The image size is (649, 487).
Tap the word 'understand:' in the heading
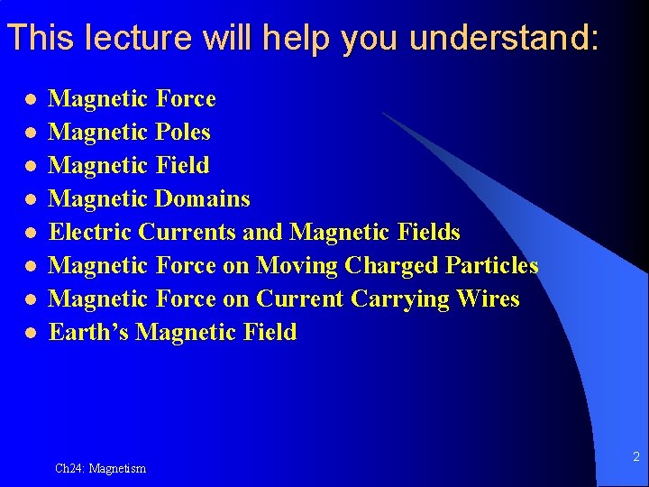click(x=504, y=38)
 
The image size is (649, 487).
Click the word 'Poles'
click(x=183, y=133)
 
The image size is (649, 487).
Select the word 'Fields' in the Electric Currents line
click(x=428, y=233)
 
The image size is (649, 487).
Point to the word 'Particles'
click(x=493, y=266)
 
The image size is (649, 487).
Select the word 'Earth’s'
click(x=88, y=332)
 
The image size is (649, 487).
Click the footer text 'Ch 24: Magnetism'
click(x=100, y=468)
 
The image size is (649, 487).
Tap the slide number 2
click(x=635, y=457)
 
